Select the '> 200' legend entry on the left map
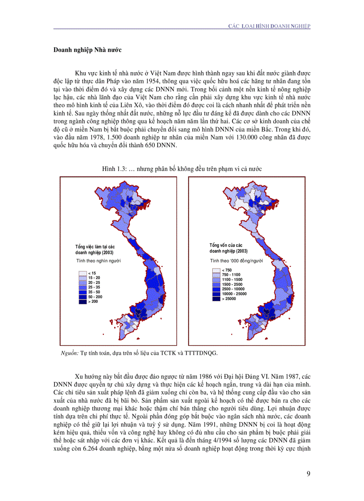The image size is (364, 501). coord(94,302)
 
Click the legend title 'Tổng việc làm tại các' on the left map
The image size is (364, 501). coord(95,247)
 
